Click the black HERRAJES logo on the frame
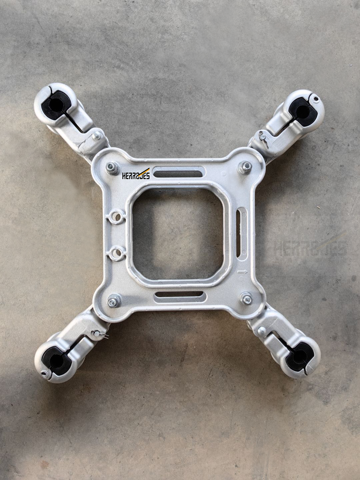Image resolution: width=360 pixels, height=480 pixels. pyautogui.click(x=136, y=174)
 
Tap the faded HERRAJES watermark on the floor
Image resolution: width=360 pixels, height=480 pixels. pyautogui.click(x=310, y=248)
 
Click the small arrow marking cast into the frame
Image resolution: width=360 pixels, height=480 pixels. pyautogui.click(x=242, y=272)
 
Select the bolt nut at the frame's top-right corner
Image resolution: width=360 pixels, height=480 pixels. pyautogui.click(x=245, y=167)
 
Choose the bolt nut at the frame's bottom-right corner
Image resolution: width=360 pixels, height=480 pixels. pyautogui.click(x=246, y=299)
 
